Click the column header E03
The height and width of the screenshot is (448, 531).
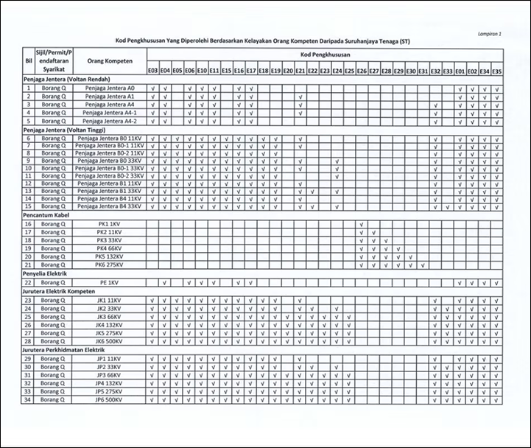pyautogui.click(x=152, y=70)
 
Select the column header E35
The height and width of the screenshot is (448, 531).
pyautogui.click(x=496, y=70)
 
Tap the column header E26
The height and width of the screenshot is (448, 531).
pyautogui.click(x=362, y=70)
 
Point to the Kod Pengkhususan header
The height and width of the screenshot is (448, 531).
pyautogui.click(x=324, y=55)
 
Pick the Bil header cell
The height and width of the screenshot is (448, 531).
pyautogui.click(x=29, y=61)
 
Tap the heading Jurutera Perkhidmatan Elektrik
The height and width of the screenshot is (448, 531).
pyautogui.click(x=69, y=349)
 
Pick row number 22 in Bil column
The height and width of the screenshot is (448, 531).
pyautogui.click(x=29, y=282)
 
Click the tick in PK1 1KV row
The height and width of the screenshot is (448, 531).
pyautogui.click(x=362, y=223)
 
